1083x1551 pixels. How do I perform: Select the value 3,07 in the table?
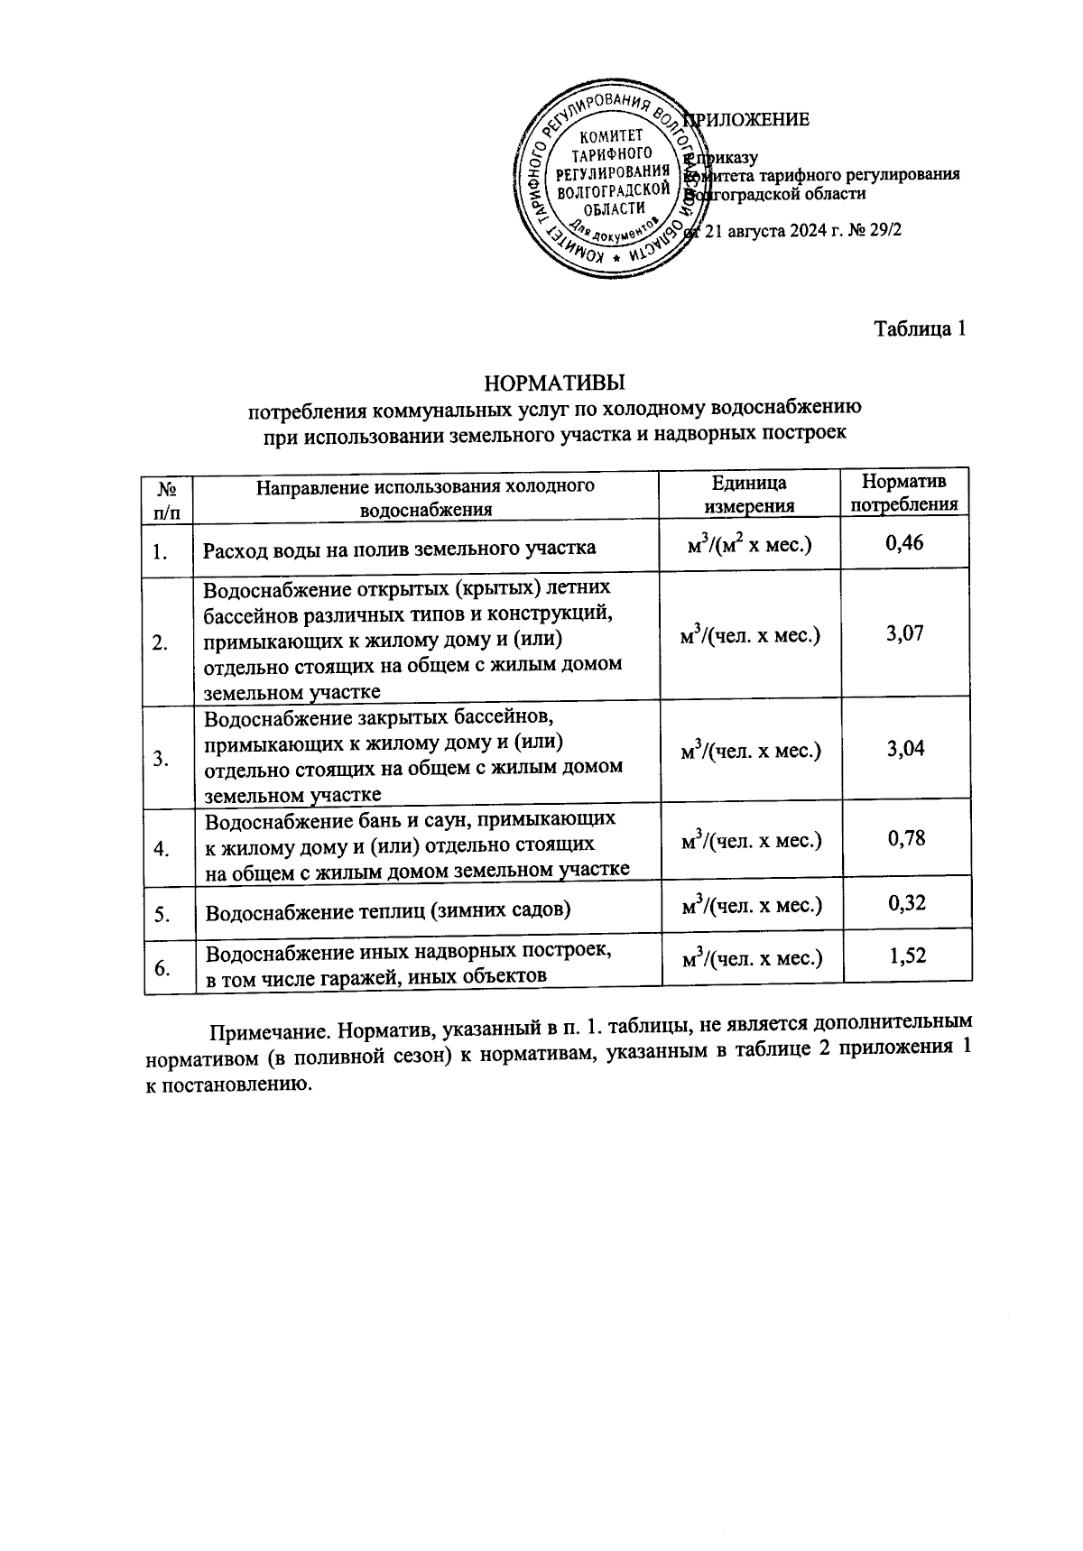905,633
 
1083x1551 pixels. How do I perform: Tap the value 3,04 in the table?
905,749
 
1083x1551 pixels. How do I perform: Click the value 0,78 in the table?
906,838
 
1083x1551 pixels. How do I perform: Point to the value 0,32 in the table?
907,903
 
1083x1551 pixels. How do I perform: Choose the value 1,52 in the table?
907,956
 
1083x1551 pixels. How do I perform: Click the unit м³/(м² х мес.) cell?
749,546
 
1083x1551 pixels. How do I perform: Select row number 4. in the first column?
162,849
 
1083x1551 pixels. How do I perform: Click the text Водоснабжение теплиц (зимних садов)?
388,910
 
